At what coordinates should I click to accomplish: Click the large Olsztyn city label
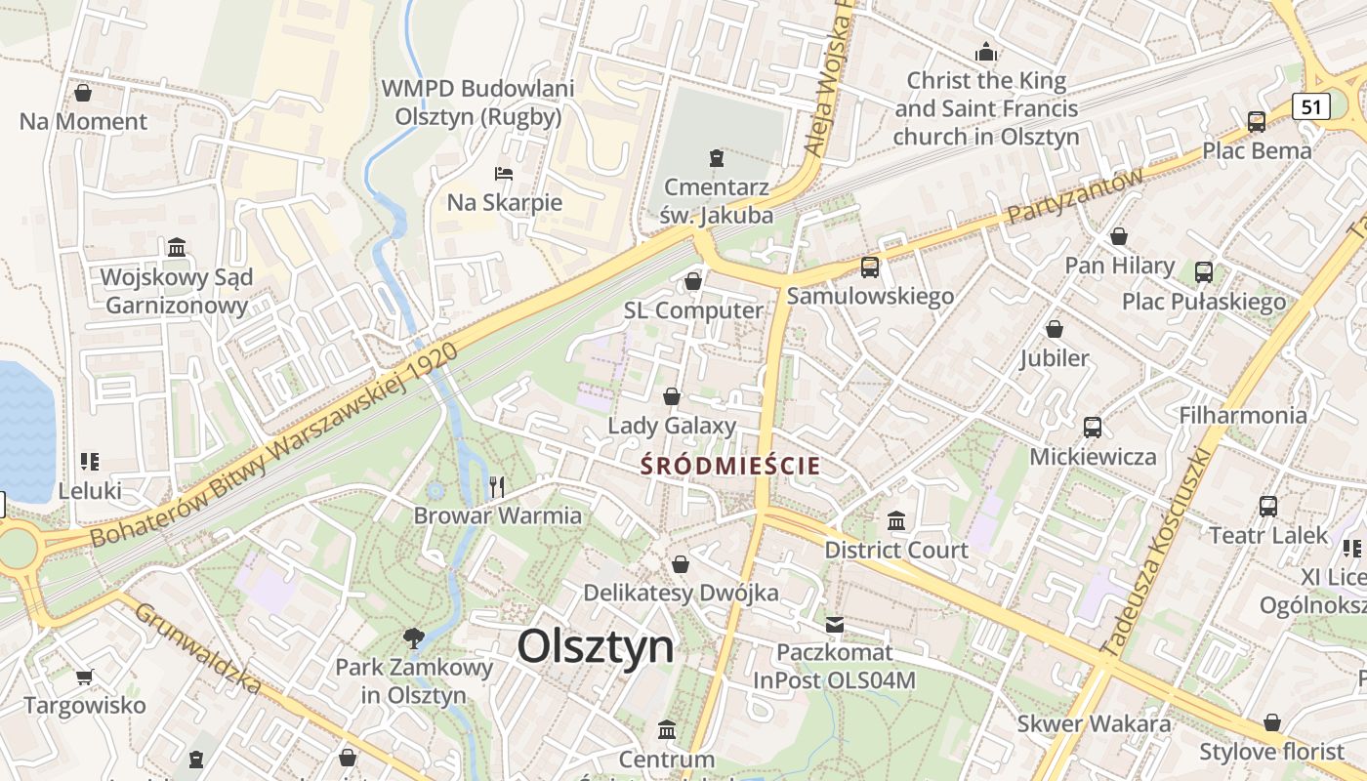[596, 646]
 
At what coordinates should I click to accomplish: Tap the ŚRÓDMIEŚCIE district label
[730, 466]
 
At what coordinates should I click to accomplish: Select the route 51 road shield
[1311, 106]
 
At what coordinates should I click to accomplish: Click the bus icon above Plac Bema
[1257, 122]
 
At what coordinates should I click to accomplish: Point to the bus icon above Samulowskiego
[869, 267]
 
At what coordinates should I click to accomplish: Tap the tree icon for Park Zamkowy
[414, 638]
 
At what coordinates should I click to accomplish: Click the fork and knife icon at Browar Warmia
[498, 486]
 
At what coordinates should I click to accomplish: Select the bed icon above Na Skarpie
[504, 174]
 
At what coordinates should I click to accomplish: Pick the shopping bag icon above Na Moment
[83, 93]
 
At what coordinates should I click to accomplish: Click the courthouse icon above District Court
[896, 520]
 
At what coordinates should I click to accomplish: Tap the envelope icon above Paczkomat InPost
[835, 624]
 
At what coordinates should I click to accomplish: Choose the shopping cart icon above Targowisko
[85, 676]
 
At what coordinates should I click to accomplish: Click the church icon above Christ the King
[986, 51]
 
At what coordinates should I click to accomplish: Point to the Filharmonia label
[1242, 415]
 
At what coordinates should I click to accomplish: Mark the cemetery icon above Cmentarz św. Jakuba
[717, 157]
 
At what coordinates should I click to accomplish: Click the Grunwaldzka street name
[198, 648]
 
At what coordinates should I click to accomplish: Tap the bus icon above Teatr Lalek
[1268, 507]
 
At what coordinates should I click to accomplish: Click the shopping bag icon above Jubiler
[1054, 329]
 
